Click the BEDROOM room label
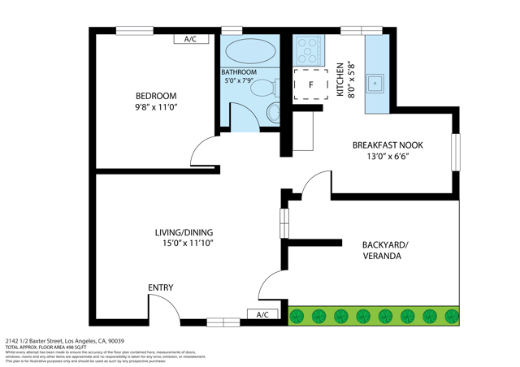point(155,96)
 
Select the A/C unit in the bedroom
point(191,39)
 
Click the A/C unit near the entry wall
point(262,314)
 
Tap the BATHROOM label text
point(239,72)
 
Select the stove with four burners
point(309,50)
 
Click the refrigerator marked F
point(310,84)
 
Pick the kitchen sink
point(375,82)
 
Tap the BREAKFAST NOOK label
point(388,145)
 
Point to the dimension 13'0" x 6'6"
point(388,157)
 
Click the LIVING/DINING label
point(184,232)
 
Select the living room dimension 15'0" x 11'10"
point(184,243)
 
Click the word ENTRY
point(160,288)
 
